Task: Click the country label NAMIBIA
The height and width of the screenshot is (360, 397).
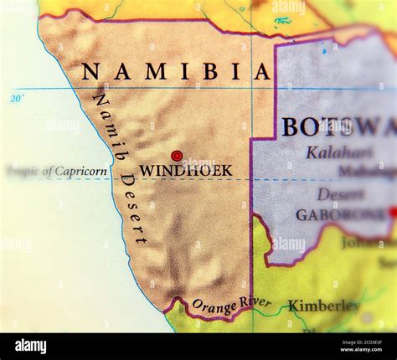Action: click(x=176, y=72)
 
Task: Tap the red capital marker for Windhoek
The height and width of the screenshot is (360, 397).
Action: click(x=177, y=156)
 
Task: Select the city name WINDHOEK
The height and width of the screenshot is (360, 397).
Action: click(x=186, y=170)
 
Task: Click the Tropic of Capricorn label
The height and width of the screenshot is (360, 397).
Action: click(x=57, y=172)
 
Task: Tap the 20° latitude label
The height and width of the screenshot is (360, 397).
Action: click(x=18, y=99)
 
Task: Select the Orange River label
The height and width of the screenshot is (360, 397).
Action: click(x=232, y=306)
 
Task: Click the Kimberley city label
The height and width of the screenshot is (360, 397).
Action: click(x=324, y=306)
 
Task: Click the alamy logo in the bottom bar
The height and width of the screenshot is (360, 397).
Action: click(x=30, y=346)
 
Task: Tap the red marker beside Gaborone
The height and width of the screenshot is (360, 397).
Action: click(x=394, y=213)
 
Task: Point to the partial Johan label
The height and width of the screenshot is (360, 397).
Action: click(x=369, y=244)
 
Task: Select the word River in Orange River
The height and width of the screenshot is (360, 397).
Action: click(x=255, y=302)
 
